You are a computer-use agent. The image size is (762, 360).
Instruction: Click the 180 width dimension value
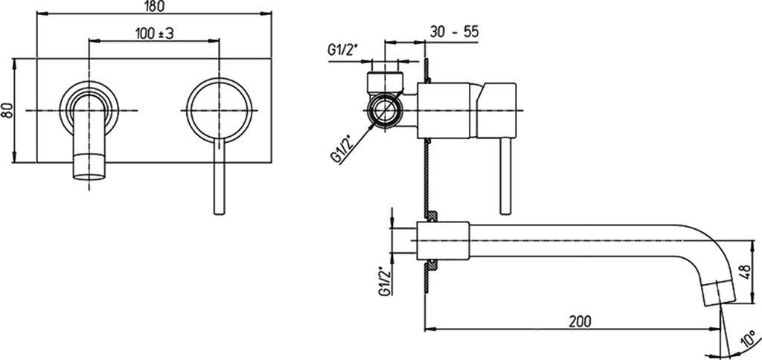coord(154,6)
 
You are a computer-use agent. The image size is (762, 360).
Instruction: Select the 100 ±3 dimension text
coord(155,33)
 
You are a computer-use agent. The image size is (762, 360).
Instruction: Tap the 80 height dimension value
coord(6,110)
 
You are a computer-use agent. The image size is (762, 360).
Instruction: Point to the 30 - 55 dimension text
coord(454,31)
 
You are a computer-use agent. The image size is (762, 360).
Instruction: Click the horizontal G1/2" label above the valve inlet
coord(344,51)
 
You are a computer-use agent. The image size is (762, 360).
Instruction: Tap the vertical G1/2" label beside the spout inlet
coord(385,281)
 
